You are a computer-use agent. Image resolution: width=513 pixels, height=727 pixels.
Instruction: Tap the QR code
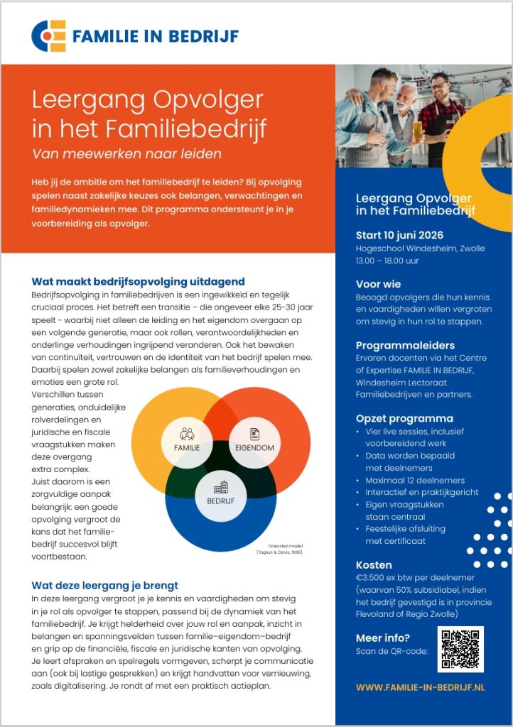coord(460,649)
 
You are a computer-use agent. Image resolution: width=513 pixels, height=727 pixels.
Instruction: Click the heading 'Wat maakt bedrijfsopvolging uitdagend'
coord(138,281)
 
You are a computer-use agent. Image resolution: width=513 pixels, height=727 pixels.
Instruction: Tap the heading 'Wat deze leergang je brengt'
coord(104,585)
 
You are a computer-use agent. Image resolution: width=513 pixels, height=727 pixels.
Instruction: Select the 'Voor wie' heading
coord(378,284)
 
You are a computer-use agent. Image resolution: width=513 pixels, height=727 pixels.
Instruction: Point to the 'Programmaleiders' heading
coord(404,344)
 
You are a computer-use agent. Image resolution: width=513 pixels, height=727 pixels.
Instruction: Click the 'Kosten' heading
coord(374,564)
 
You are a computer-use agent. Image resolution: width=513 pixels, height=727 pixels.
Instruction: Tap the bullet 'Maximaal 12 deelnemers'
coord(415,480)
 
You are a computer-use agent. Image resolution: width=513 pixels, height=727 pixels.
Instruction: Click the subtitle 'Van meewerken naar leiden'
coord(127,153)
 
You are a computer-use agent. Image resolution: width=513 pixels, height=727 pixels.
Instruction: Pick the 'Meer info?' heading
coord(382,638)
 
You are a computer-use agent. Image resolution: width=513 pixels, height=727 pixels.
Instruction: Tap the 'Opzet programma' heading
coord(404,418)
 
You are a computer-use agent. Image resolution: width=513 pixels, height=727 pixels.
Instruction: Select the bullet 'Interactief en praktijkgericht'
coord(422,492)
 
